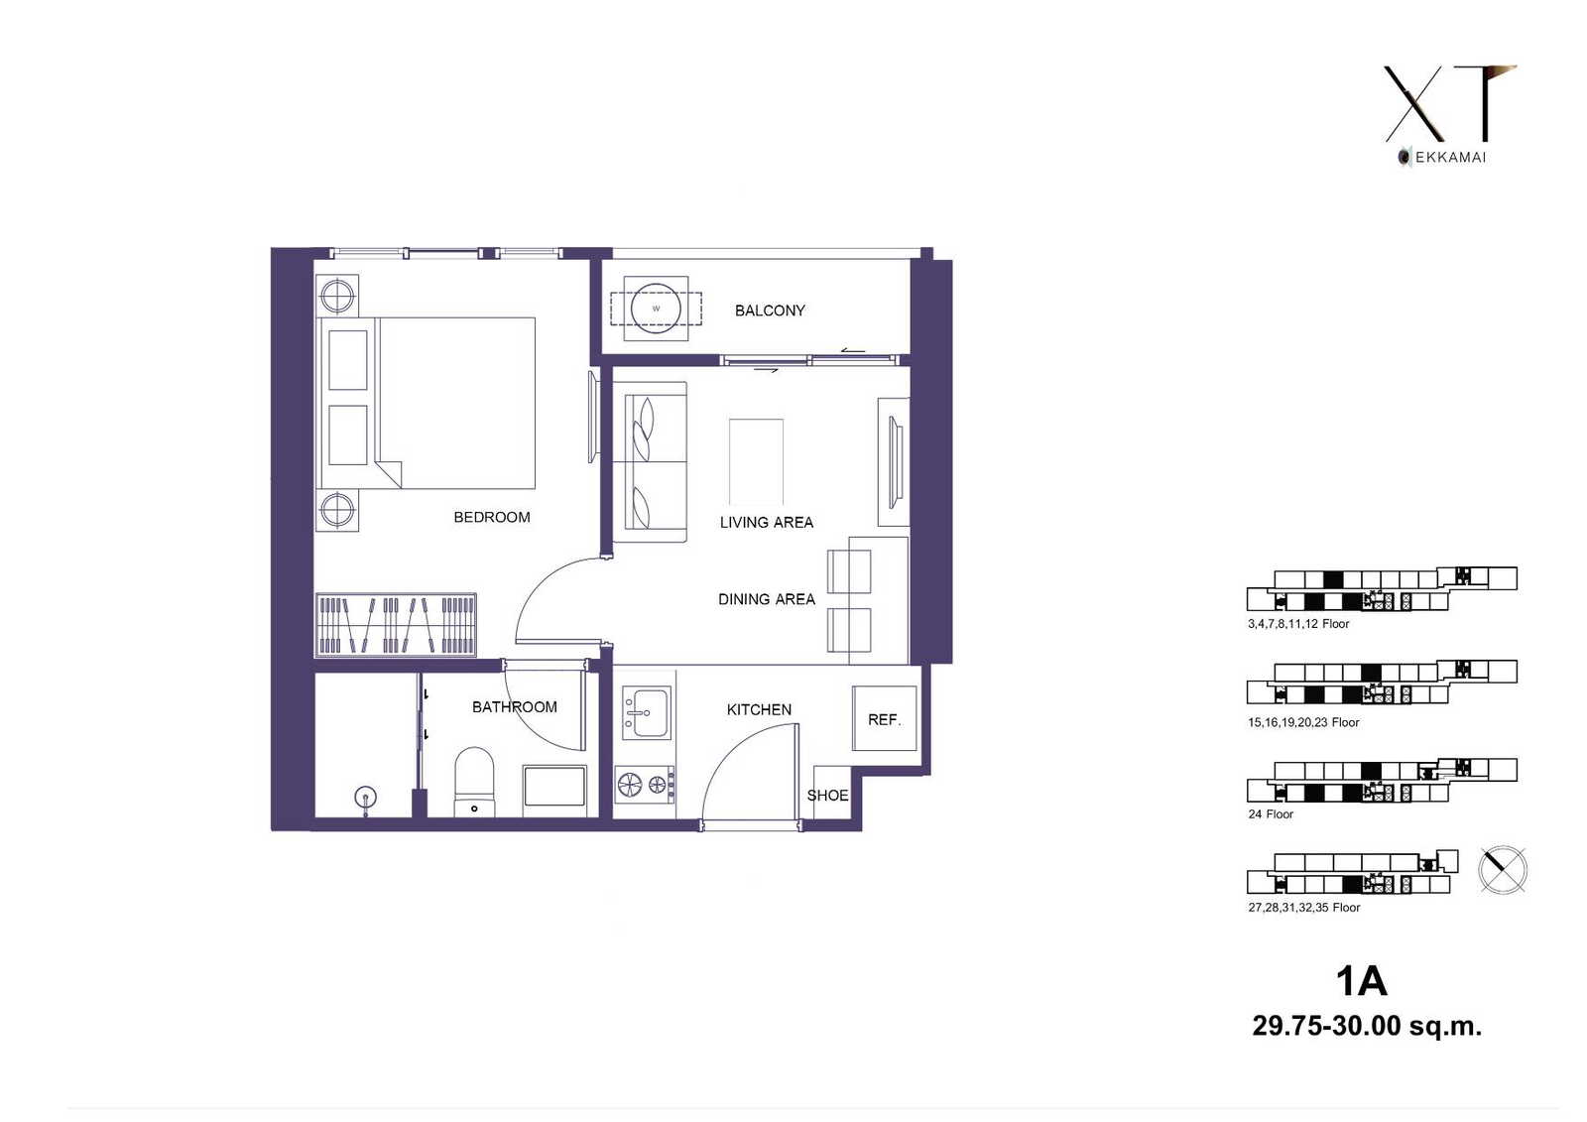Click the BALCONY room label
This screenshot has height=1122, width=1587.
click(770, 311)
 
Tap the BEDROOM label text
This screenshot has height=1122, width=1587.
click(492, 518)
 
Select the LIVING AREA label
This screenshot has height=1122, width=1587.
click(767, 523)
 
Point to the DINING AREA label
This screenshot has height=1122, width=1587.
click(767, 599)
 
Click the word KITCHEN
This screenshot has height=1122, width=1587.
click(759, 709)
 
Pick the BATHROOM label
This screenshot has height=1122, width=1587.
click(515, 706)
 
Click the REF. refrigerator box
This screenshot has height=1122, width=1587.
click(884, 718)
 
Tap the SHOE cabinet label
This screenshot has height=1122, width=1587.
click(827, 796)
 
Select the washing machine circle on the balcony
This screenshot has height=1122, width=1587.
click(656, 309)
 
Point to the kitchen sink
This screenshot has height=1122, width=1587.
click(646, 712)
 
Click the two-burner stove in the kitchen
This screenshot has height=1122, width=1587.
click(644, 784)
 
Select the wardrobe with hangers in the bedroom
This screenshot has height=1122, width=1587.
click(396, 624)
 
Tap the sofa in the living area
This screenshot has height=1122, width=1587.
click(650, 462)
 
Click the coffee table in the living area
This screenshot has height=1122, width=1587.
click(756, 461)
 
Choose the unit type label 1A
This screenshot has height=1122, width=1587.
click(1361, 982)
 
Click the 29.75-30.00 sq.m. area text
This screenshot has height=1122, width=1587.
click(1367, 1026)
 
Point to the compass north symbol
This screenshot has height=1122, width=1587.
click(1503, 870)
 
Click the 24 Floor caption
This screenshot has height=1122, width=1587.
click(1271, 814)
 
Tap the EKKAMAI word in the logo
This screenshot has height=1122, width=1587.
click(1450, 158)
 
